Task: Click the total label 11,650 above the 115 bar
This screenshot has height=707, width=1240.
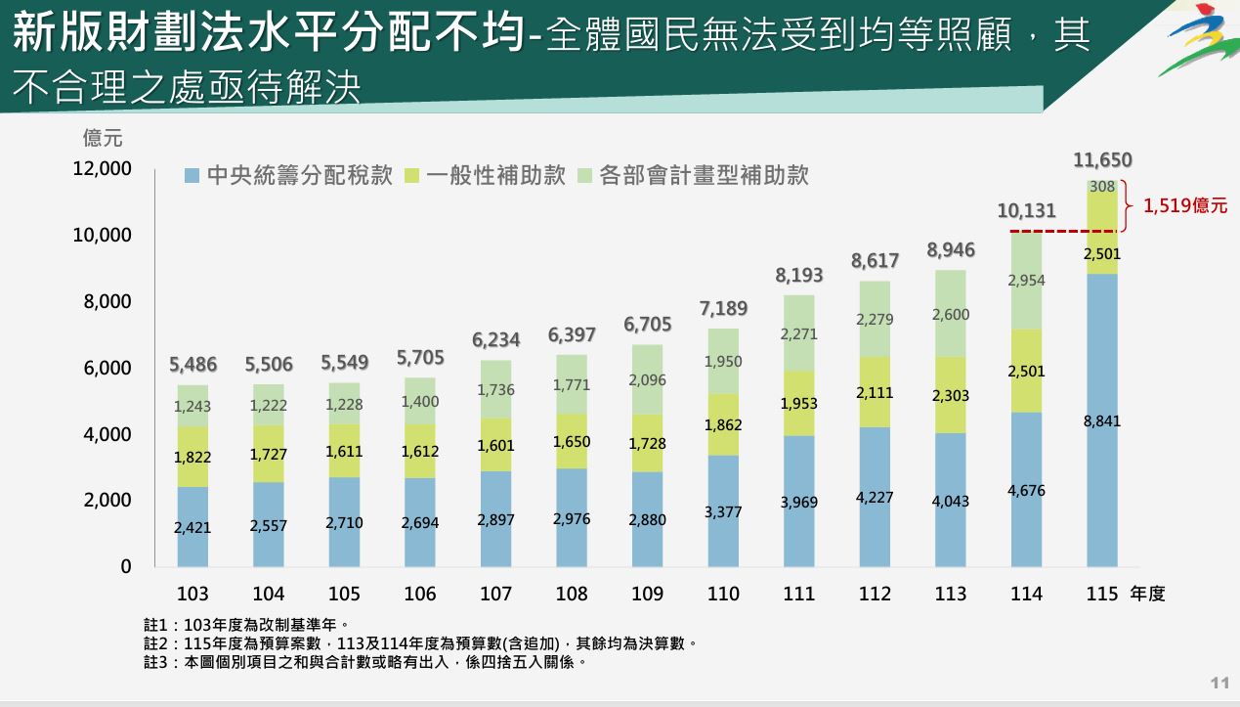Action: point(1102,160)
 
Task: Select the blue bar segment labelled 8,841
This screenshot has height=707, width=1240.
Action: point(1102,420)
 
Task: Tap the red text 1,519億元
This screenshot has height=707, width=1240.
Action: point(1185,206)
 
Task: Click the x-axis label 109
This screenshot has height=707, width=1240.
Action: point(647,594)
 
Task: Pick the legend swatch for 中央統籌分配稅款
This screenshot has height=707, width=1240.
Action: point(192,176)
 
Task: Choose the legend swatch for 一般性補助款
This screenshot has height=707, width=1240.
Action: point(409,176)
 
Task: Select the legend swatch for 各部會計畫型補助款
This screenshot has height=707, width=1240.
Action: point(584,176)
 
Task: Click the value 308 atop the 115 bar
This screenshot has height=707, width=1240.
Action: point(1102,187)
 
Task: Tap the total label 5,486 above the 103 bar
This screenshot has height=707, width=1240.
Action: point(192,365)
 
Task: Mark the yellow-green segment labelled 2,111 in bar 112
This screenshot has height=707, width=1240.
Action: point(875,392)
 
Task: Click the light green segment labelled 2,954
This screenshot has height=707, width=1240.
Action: point(1026,281)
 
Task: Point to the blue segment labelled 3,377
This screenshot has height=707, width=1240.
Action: point(723,510)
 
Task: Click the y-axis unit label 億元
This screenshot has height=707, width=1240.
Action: point(103,138)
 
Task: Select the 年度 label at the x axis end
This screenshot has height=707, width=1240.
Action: point(1147,594)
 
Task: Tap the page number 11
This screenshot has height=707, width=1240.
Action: point(1219,682)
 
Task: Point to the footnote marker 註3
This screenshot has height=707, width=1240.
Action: point(156,662)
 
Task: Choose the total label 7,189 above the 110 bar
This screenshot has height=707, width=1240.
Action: point(723,309)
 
